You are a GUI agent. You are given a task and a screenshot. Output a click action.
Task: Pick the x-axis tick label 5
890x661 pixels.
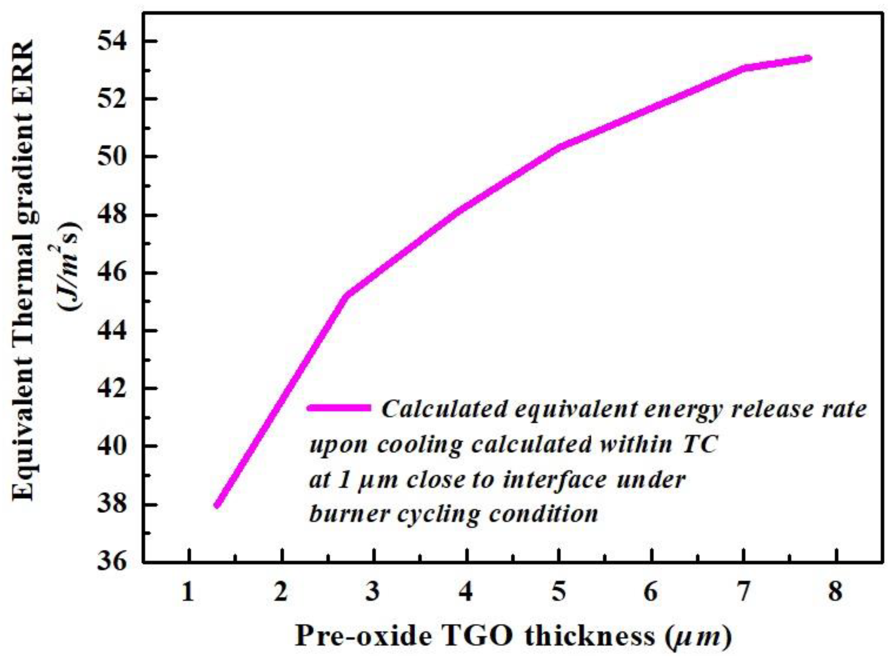point(559,591)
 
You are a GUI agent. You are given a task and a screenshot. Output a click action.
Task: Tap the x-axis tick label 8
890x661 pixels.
point(835,591)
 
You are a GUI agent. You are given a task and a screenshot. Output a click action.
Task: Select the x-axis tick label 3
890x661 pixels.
point(373,591)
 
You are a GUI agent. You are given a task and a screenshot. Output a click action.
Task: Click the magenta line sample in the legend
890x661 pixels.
point(339,408)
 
